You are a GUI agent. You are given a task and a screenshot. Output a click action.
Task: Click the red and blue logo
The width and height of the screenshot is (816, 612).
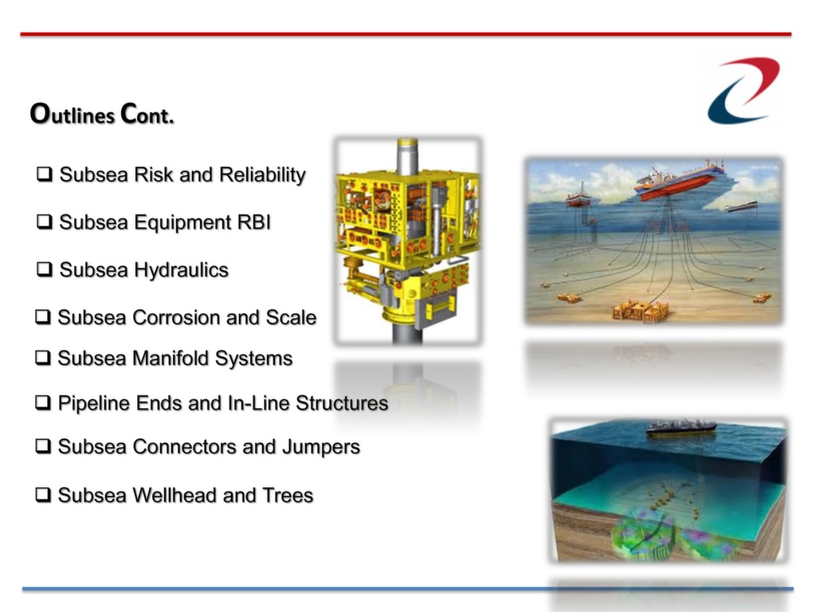pos(743,91)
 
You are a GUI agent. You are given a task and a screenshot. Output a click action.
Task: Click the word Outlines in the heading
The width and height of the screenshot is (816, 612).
pos(73,114)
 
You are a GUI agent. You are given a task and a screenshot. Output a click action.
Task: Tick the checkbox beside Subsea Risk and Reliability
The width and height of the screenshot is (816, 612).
pos(45,174)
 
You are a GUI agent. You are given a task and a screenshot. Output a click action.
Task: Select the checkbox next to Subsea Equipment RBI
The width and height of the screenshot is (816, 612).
pos(45,222)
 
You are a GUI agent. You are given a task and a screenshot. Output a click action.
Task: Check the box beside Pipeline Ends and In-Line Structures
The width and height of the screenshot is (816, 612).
pos(43,402)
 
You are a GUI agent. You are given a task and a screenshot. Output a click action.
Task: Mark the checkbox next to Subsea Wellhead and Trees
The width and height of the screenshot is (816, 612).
pos(43,494)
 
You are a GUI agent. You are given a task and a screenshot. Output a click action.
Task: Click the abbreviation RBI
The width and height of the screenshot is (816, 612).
pos(254,222)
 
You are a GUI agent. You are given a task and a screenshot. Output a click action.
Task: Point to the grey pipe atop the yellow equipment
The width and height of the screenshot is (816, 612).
pos(407,156)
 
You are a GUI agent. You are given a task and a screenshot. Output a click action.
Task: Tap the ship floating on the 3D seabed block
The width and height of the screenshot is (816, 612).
pos(681,428)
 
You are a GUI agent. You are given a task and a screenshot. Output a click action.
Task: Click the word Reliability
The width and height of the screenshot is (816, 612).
pos(262,175)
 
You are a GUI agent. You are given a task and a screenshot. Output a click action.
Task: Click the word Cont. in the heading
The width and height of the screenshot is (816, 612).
pos(147,114)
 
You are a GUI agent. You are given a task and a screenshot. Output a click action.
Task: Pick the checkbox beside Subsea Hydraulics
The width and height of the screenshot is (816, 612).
pos(45,269)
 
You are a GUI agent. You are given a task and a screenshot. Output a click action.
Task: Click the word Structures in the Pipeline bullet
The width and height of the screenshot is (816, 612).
pos(342,403)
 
